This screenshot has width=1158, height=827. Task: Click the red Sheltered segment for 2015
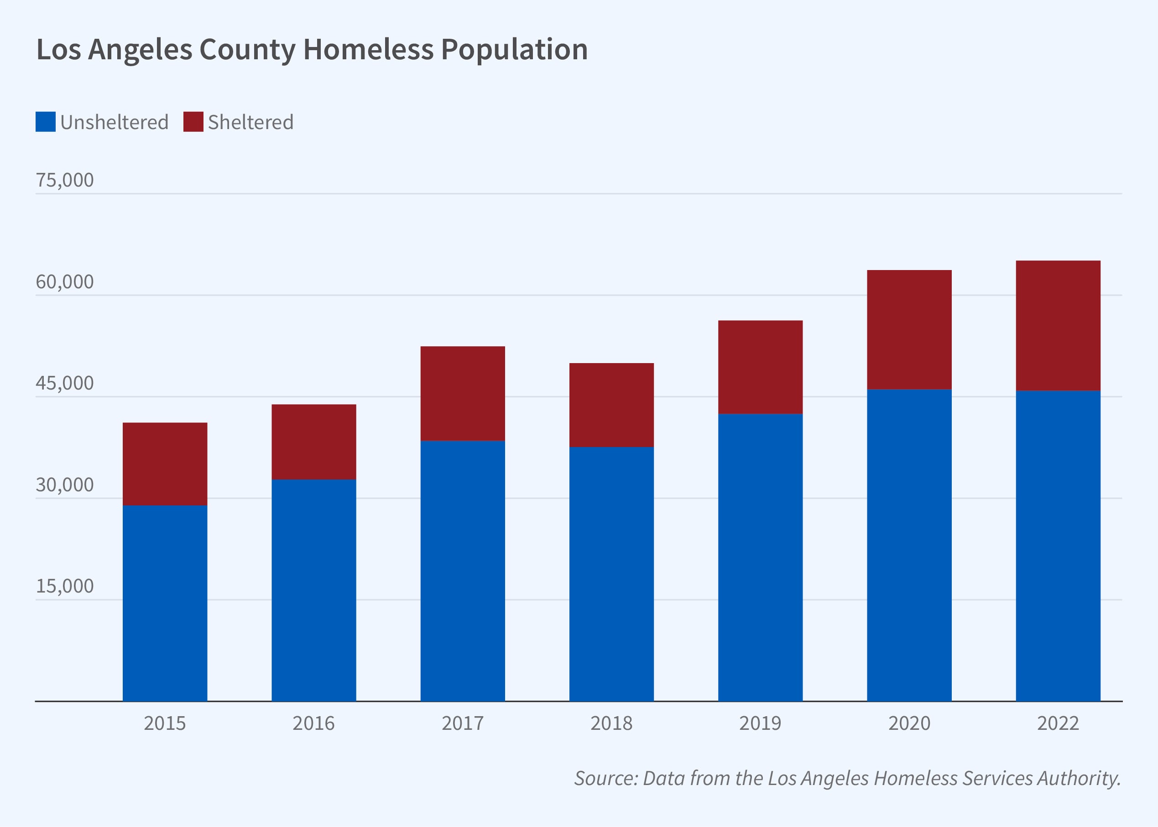pyautogui.click(x=165, y=464)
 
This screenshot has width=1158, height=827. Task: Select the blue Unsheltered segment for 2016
pyautogui.click(x=314, y=590)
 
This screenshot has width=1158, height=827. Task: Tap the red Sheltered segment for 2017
pyautogui.click(x=462, y=393)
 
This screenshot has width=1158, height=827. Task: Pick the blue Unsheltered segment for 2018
pyautogui.click(x=611, y=573)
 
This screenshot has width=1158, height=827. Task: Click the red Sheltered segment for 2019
pyautogui.click(x=760, y=367)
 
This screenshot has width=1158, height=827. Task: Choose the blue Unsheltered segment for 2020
pyautogui.click(x=909, y=545)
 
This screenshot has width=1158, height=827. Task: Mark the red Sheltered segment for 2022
pyautogui.click(x=1058, y=325)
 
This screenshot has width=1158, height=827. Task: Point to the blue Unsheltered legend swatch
pyautogui.click(x=45, y=122)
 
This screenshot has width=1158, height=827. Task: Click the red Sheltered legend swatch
pyautogui.click(x=193, y=122)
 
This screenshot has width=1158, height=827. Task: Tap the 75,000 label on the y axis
pyautogui.click(x=65, y=180)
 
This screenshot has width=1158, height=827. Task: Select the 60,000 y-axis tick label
pyautogui.click(x=65, y=281)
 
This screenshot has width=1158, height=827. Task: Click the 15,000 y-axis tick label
pyautogui.click(x=65, y=586)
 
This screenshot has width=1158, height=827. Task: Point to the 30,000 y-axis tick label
pyautogui.click(x=65, y=485)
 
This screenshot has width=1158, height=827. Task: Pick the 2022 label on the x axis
pyautogui.click(x=1058, y=723)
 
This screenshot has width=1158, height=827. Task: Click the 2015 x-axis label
pyautogui.click(x=165, y=723)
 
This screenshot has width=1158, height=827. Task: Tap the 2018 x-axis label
pyautogui.click(x=611, y=723)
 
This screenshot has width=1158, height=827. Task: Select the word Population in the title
pyautogui.click(x=514, y=49)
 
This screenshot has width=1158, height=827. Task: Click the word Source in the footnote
pyautogui.click(x=605, y=778)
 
